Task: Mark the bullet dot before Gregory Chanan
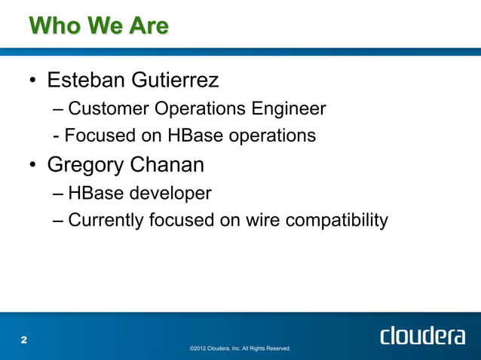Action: (x=34, y=166)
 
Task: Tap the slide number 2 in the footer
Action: (x=23, y=340)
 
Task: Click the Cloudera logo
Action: (x=422, y=336)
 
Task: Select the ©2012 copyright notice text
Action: (x=240, y=349)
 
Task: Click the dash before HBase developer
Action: (x=60, y=194)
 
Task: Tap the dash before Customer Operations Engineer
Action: (x=60, y=110)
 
